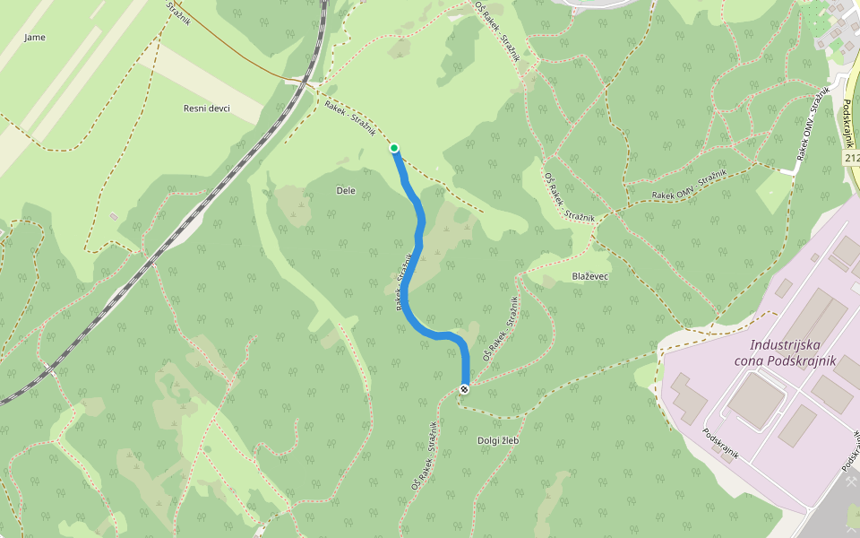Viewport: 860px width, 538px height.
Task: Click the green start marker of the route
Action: click(x=394, y=148)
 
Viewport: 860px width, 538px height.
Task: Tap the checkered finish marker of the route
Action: click(x=464, y=388)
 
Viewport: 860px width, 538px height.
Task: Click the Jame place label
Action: click(x=35, y=38)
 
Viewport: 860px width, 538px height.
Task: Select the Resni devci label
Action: click(x=207, y=108)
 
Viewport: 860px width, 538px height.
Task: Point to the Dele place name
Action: click(x=346, y=190)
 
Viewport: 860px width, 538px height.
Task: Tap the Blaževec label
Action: click(x=589, y=276)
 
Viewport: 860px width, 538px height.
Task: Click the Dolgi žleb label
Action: click(x=498, y=440)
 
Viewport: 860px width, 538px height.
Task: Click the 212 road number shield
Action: click(x=851, y=158)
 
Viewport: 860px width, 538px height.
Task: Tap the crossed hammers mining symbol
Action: click(x=850, y=481)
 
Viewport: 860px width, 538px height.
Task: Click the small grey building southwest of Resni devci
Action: click(x=114, y=216)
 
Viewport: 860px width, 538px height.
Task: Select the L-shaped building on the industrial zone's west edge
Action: click(x=685, y=396)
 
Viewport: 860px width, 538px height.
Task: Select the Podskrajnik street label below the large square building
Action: click(x=721, y=443)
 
